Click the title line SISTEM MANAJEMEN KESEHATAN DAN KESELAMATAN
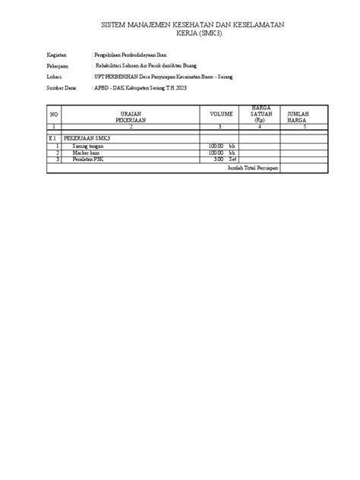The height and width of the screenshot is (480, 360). coord(192,26)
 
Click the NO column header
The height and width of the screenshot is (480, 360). coord(54,115)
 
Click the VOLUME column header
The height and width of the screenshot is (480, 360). coord(221,115)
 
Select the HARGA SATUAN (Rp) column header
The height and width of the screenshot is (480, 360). coord(261,115)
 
